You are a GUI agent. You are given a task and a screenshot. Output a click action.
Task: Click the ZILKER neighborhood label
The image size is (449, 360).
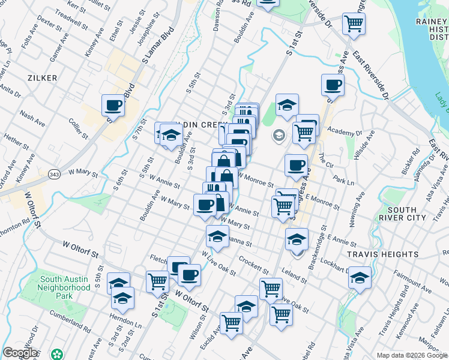42,78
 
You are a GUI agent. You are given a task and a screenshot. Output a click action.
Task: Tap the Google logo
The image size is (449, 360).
19,353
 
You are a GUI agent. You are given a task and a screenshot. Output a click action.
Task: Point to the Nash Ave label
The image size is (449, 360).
32,118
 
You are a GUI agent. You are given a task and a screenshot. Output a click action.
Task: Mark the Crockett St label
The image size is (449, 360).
252,263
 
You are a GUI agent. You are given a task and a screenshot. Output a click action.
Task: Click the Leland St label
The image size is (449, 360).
295,276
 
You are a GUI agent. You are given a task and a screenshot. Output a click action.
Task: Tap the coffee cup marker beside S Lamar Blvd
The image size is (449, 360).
113,106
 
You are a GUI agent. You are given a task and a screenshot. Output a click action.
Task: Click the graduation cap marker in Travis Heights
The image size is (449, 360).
360,278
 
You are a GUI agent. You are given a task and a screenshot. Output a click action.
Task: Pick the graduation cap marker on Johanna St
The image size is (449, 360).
217,236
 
